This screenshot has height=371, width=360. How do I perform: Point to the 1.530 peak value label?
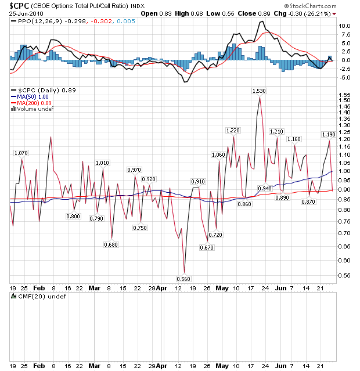[259, 91]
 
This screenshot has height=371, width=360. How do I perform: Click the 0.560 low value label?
[183, 279]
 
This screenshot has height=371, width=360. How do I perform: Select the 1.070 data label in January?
[21, 153]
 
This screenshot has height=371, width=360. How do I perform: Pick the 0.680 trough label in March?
[111, 244]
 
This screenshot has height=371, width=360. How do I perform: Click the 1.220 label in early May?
[233, 131]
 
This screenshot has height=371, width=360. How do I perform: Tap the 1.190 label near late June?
[329, 135]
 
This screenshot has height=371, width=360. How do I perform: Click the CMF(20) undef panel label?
[34, 297]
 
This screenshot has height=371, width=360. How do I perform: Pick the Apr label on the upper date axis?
[164, 287]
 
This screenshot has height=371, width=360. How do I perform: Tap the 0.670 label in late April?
[207, 247]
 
